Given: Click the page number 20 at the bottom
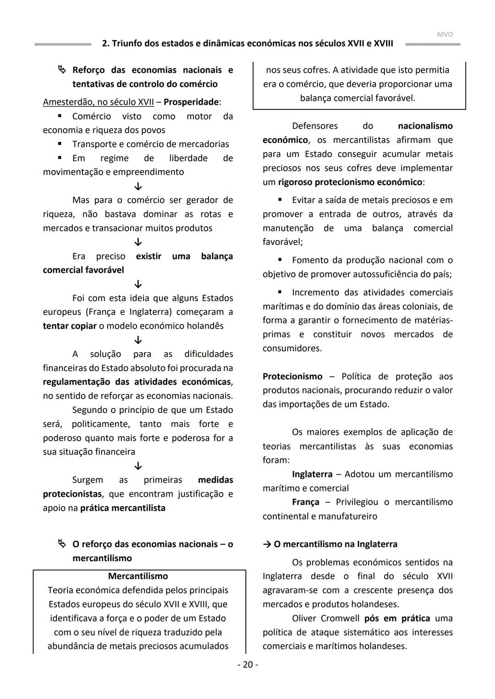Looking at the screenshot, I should click(x=247, y=665).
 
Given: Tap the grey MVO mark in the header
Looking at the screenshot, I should click(x=445, y=34).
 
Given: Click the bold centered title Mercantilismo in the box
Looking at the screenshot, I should click(x=138, y=576).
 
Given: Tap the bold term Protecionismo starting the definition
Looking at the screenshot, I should click(x=292, y=377).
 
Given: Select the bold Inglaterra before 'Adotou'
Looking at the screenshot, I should click(x=312, y=474).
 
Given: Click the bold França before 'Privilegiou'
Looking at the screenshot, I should click(x=306, y=502).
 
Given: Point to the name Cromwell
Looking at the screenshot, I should click(x=340, y=618).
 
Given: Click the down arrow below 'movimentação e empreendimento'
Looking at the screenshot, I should click(x=138, y=186).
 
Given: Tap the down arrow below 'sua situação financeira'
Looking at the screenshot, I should click(x=138, y=466).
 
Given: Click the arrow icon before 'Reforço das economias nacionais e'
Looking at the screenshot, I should click(x=62, y=70).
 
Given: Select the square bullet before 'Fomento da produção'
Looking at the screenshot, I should click(x=280, y=260).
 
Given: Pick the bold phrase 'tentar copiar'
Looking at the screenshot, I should click(x=70, y=326).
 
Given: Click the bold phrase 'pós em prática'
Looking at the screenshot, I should click(x=397, y=618).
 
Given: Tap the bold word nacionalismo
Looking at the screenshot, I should click(x=425, y=126).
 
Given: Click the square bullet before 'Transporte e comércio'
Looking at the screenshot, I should click(x=60, y=144).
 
